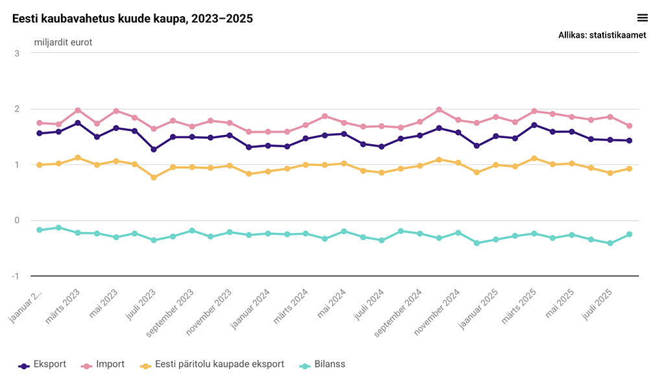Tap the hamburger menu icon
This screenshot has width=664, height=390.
pos(643,18)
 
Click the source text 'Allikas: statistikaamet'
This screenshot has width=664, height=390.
pos(602,36)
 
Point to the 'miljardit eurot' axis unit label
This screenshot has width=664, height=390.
pos(63,43)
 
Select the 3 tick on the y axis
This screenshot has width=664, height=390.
pos(16,53)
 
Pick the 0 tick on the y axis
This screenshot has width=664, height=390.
pos(16,221)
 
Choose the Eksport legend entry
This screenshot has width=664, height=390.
pos(43,365)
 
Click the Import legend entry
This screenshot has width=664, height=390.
pos(103,365)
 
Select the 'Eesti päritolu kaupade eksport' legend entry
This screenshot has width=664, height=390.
pos(213,365)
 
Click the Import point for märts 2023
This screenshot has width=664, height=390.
pos(78,110)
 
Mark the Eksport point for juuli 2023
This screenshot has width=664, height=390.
pos(154,149)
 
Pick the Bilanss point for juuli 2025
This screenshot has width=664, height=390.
pos(610,243)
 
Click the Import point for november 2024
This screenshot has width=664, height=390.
pos(458,120)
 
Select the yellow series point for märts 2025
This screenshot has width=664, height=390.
pos(534,158)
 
